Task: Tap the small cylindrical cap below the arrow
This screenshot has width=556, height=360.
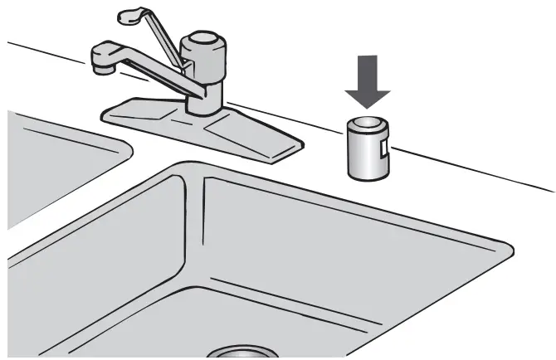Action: click(x=367, y=149)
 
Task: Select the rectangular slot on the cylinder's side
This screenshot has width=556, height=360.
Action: click(x=382, y=149)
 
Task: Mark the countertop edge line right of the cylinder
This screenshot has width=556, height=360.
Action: click(x=473, y=170)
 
